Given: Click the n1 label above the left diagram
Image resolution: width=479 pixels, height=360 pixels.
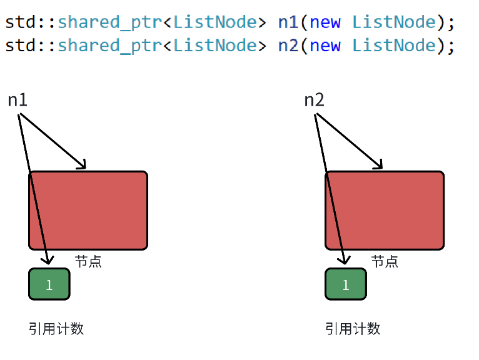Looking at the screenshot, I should tap(18, 100).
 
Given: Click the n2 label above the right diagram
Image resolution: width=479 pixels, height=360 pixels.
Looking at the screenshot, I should tap(314, 100).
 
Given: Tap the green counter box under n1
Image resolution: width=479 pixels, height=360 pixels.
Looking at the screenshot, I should tap(49, 284).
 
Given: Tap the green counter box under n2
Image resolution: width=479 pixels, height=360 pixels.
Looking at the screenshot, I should tap(346, 284).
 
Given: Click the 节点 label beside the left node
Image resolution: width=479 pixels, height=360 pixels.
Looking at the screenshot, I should tap(88, 261).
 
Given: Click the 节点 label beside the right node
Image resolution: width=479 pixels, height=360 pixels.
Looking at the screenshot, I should tap(385, 261).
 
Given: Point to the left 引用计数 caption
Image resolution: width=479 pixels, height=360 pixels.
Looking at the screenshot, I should tap(56, 329).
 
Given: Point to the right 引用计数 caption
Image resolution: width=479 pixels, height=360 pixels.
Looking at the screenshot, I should tap(353, 329).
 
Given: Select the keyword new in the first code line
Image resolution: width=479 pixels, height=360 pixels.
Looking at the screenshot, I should tap(325, 22).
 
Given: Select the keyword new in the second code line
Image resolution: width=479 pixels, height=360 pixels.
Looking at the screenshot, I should tap(325, 46).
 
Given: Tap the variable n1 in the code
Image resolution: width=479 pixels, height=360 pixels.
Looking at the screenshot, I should tap(288, 22).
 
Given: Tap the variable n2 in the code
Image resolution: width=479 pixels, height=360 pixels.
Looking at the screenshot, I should tap(288, 46).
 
